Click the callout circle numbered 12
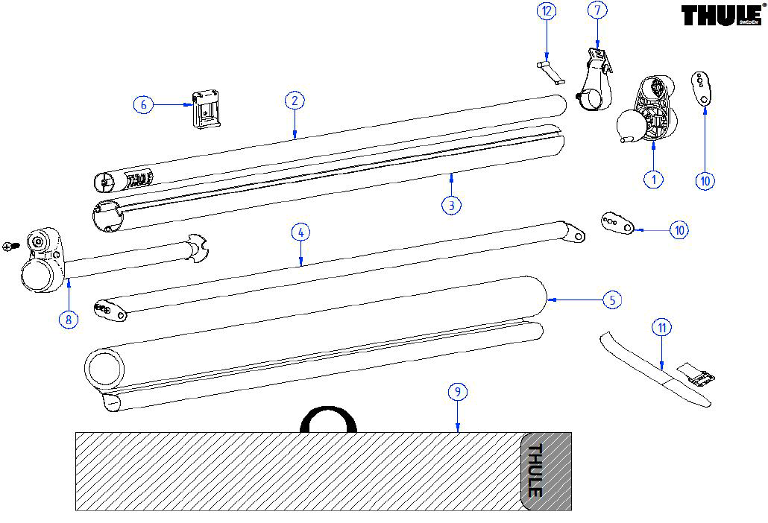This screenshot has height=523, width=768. tap(547, 12)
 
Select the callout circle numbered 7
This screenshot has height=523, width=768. tap(598, 10)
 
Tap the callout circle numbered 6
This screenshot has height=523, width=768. tap(143, 104)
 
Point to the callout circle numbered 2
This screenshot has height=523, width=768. tap(295, 101)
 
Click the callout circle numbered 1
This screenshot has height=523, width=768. tap(653, 179)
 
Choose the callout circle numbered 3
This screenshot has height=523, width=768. tap(451, 205)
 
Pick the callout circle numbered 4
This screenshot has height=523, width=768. tap(300, 232)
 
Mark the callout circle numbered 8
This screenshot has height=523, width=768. tap(68, 319)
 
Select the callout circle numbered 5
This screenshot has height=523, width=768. tap(611, 300)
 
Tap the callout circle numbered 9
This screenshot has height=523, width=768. tap(458, 392)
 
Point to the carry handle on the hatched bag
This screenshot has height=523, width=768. tap(328, 418)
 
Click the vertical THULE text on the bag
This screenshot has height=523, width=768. tap(535, 470)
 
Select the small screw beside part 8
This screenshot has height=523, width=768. tap(11, 245)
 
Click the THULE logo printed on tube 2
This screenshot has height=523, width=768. tap(139, 179)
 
